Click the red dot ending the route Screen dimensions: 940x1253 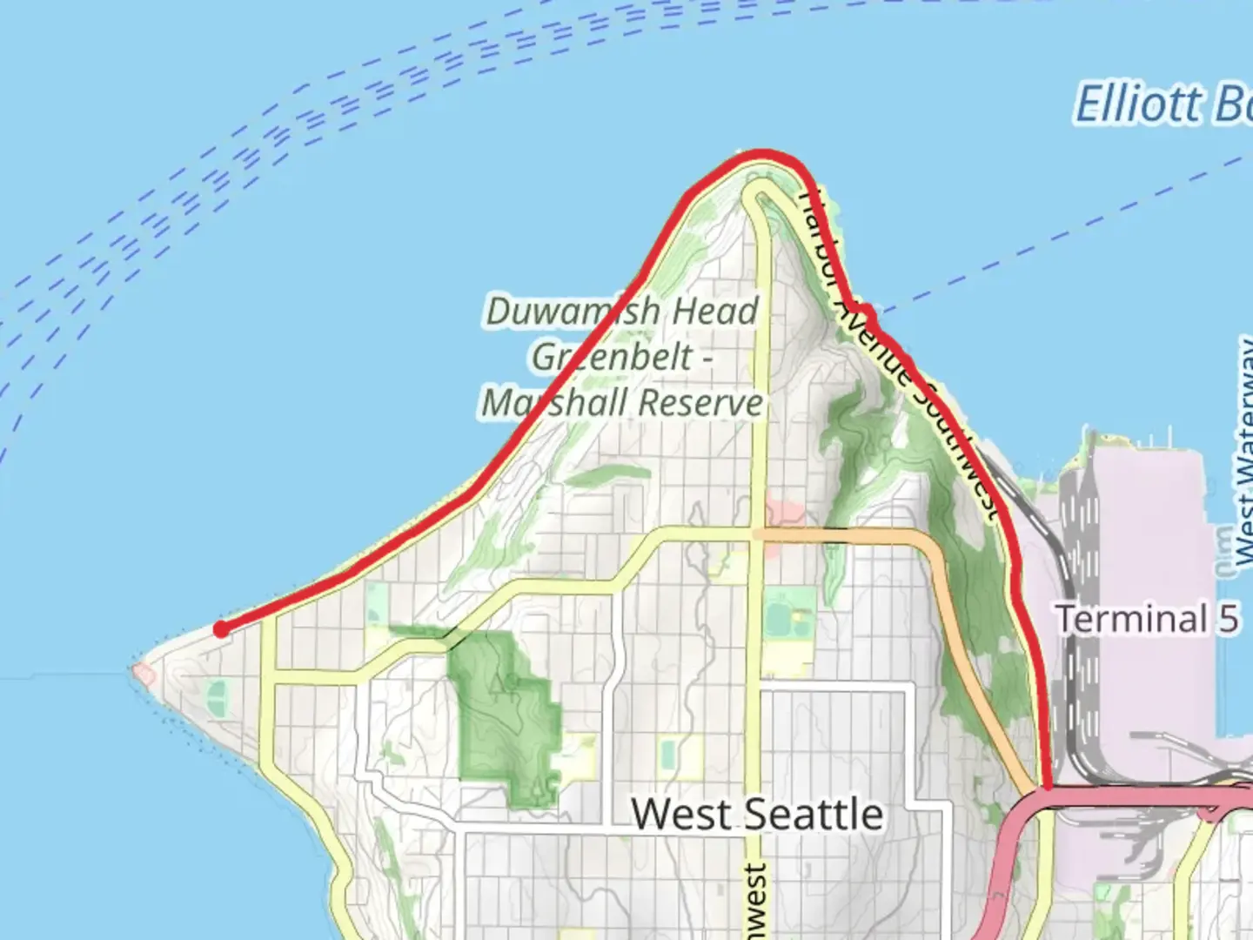tap(222, 629)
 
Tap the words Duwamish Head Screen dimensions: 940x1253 tap(622, 312)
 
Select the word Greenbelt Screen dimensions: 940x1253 tap(613, 357)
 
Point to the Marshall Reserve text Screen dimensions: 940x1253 tap(623, 403)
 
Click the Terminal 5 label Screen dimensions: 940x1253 tap(1147, 619)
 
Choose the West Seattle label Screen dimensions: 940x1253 tap(757, 815)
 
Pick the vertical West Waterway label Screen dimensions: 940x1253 tap(1243, 453)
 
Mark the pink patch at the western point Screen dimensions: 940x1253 tap(142, 673)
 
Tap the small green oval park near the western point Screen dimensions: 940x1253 tap(217, 697)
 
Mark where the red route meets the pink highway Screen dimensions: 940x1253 tap(1047, 788)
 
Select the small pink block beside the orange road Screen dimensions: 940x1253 tap(783, 509)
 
